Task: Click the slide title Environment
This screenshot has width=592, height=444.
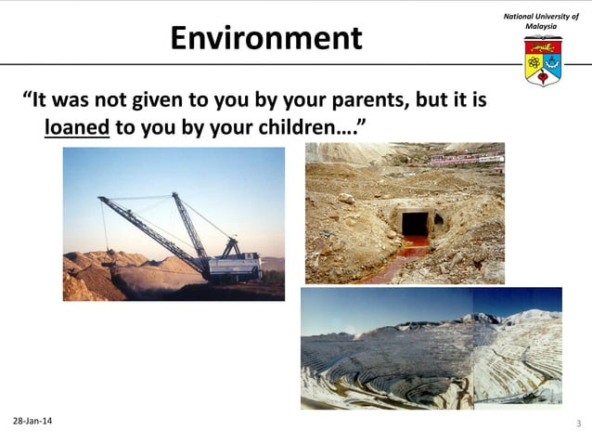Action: [265, 39]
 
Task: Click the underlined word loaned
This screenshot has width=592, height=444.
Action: [77, 125]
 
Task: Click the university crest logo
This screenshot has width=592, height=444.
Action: [542, 62]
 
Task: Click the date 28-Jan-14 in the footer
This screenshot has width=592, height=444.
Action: [32, 423]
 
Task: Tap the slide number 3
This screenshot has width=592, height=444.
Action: [578, 424]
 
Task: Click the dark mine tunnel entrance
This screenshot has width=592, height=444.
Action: [414, 224]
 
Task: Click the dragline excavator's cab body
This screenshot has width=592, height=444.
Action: [233, 266]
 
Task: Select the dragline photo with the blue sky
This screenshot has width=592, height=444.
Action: [174, 223]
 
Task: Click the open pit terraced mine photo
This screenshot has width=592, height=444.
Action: [431, 348]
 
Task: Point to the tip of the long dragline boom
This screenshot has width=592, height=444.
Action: [100, 198]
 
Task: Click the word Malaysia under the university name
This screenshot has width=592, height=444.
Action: [541, 27]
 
